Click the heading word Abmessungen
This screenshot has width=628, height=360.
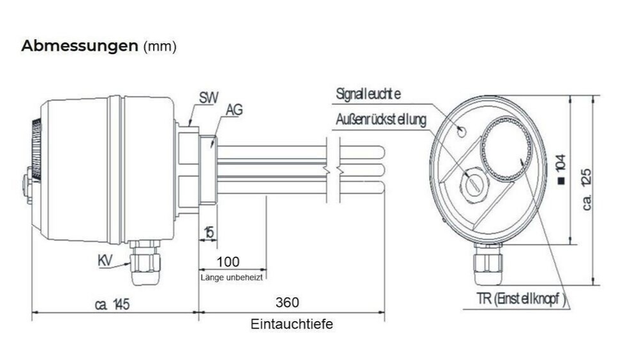tap(79, 47)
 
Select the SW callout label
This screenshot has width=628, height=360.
tap(208, 99)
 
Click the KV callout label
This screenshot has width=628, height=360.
tap(108, 261)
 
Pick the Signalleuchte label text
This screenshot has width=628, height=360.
tap(368, 94)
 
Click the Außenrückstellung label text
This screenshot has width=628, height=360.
tap(381, 120)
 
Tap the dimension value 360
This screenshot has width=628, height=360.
tap(287, 302)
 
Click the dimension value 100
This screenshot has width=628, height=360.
tap(228, 262)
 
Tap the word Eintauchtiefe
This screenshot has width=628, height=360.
tap(291, 324)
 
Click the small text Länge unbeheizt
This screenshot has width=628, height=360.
tap(232, 277)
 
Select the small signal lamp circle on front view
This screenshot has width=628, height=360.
tap(462, 131)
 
